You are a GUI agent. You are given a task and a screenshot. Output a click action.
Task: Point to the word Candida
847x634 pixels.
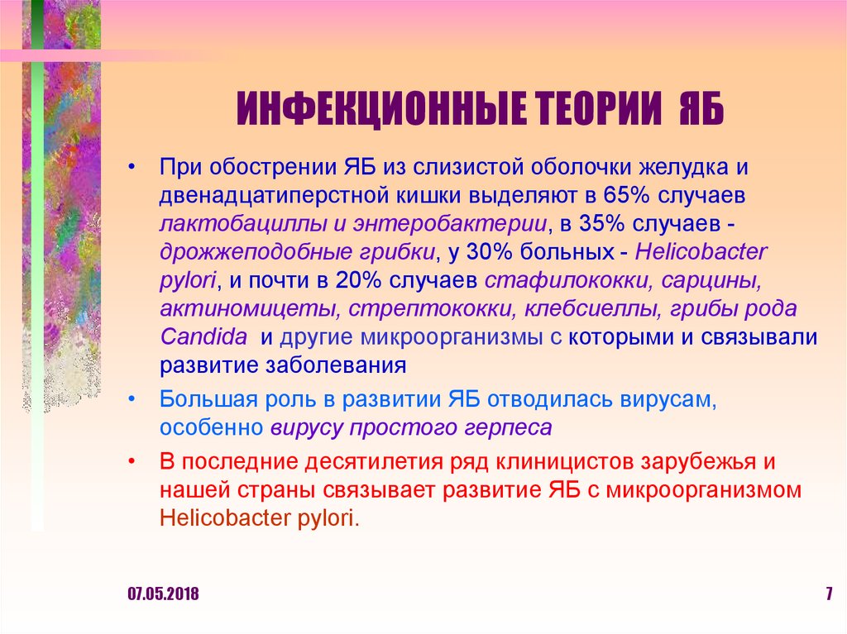(x=203, y=336)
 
